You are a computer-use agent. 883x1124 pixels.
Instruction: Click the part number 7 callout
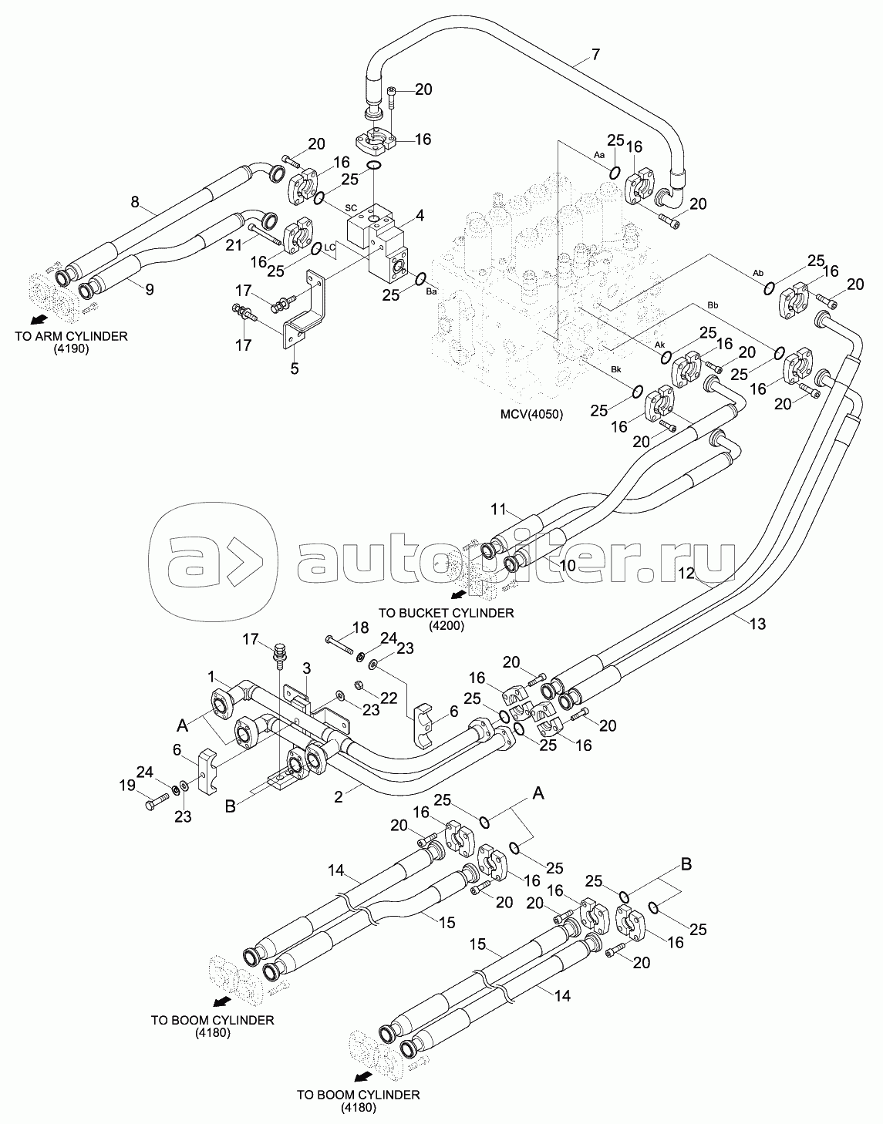coord(595,54)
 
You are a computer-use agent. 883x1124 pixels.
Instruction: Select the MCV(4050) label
coord(531,414)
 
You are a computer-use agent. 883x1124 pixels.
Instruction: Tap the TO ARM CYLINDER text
coord(72,336)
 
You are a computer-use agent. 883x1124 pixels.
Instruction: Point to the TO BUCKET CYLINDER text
coord(446,613)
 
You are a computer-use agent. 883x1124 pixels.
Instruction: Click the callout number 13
coord(757,624)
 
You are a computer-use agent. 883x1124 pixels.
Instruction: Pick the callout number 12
coord(686,573)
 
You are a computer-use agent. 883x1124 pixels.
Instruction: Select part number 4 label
coord(420,215)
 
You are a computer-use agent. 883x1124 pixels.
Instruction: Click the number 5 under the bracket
coord(295,368)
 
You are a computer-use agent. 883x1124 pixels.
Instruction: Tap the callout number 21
coord(234,244)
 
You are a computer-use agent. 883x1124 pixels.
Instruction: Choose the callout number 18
coord(360,628)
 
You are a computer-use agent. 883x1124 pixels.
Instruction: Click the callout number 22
coord(389,698)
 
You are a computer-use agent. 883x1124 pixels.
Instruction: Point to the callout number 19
coord(127,786)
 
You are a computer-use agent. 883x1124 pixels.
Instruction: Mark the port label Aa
coord(599,155)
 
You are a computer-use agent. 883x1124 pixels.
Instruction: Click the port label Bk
coord(615,370)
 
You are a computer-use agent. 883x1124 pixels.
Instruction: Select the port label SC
coord(351,208)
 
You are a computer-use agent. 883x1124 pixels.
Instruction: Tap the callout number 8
coord(135,202)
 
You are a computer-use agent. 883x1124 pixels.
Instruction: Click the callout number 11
coord(498,510)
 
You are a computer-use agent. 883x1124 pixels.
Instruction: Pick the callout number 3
coord(307,668)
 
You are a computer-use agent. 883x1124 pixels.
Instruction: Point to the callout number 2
coord(338,797)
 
